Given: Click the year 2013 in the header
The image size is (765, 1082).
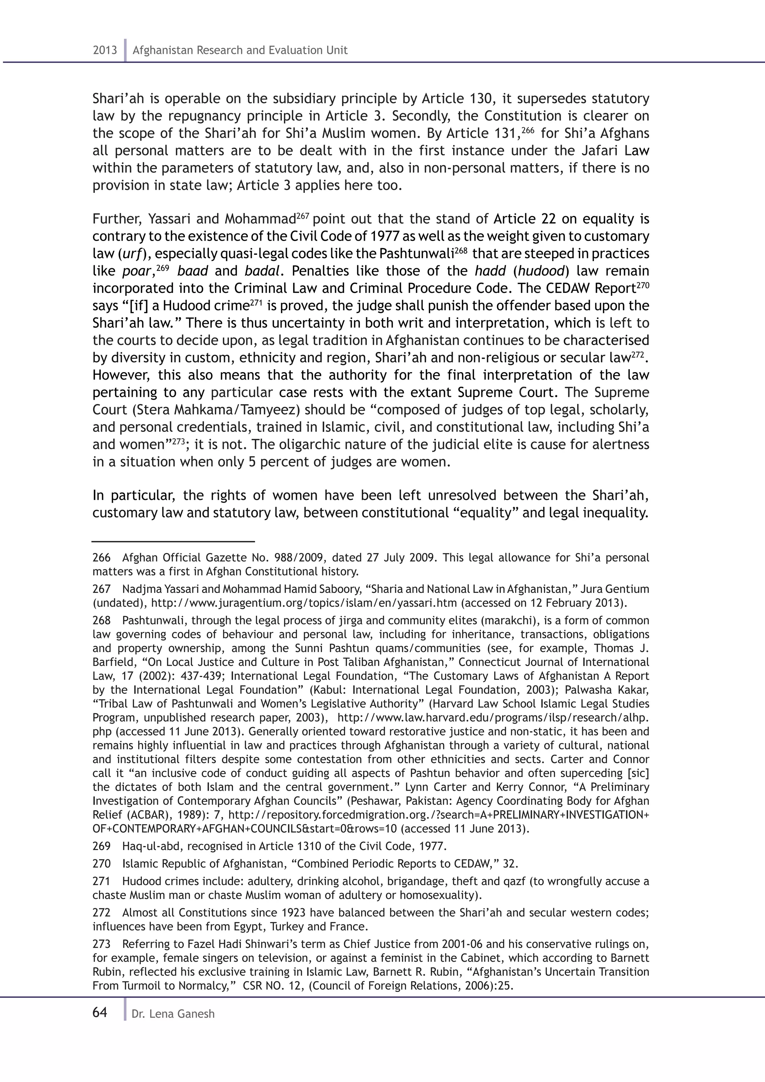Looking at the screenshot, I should click(x=105, y=50).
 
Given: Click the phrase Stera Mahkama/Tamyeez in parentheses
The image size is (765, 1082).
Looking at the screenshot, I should click(x=218, y=410).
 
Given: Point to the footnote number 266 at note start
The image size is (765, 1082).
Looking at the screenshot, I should click(x=101, y=558).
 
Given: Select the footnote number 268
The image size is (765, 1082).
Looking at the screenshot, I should click(x=101, y=621).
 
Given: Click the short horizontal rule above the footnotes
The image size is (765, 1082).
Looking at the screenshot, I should click(x=173, y=542).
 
